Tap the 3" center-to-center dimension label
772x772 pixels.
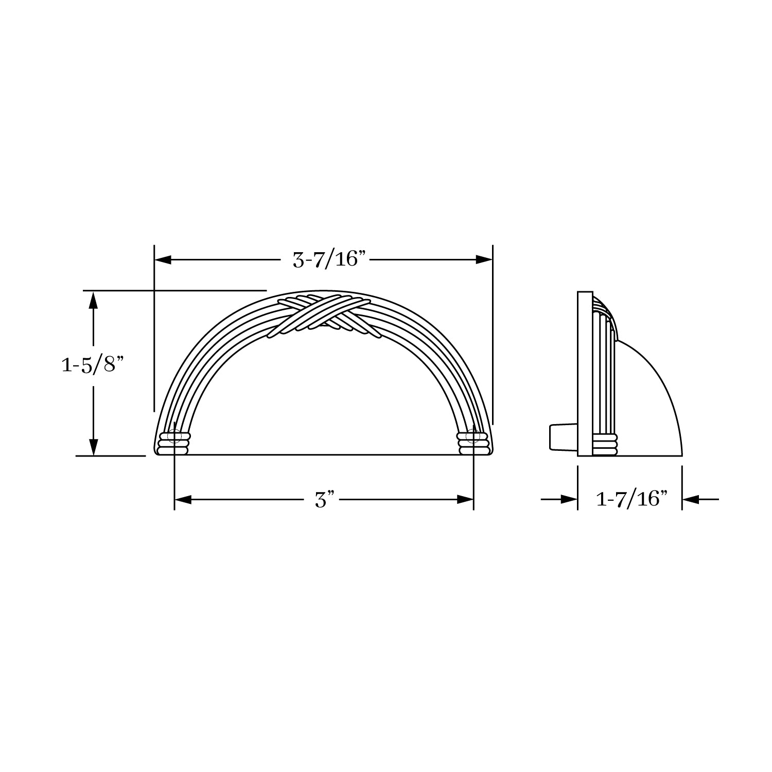pos(325,499)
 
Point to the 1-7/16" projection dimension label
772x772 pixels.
pos(631,499)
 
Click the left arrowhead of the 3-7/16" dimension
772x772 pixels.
pos(163,260)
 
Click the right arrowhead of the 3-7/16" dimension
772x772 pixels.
pos(484,260)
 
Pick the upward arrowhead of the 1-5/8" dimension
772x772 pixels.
pos(93,300)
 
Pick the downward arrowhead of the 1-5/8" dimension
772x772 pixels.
pos(93,447)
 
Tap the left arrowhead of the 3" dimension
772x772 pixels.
pos(183,499)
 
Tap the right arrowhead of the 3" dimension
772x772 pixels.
pos(465,499)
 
